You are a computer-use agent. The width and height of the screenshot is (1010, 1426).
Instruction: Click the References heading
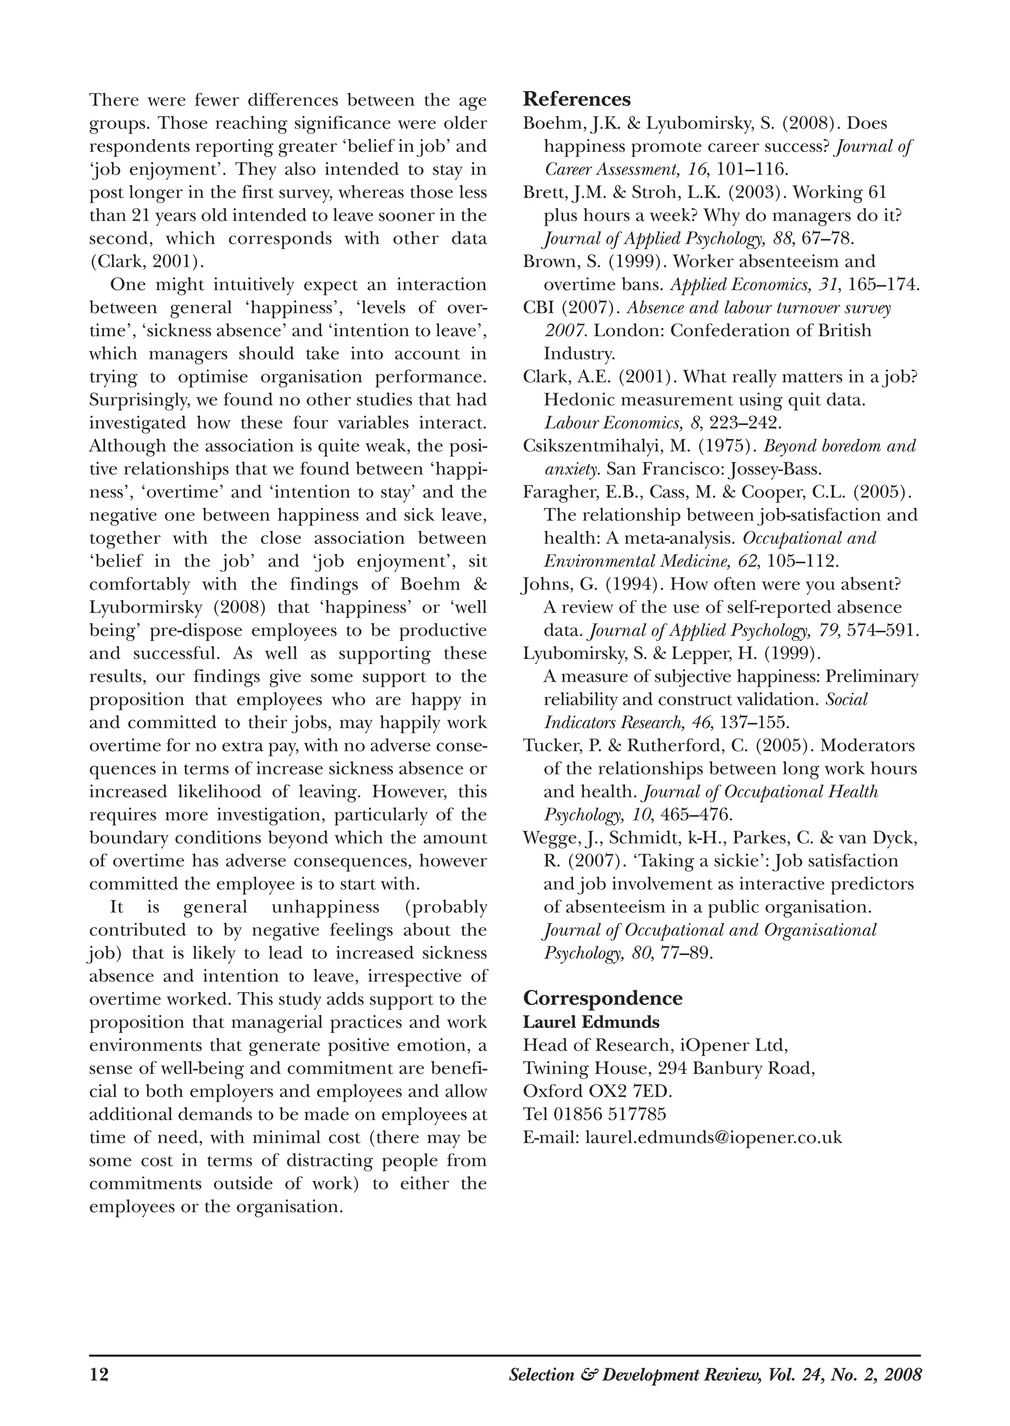tap(577, 99)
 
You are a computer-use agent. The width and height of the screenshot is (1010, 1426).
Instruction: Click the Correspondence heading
tap(602, 998)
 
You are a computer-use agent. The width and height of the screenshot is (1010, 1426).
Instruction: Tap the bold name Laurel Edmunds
tap(591, 1022)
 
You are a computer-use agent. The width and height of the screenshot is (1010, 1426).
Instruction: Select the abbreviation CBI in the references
tap(538, 308)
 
